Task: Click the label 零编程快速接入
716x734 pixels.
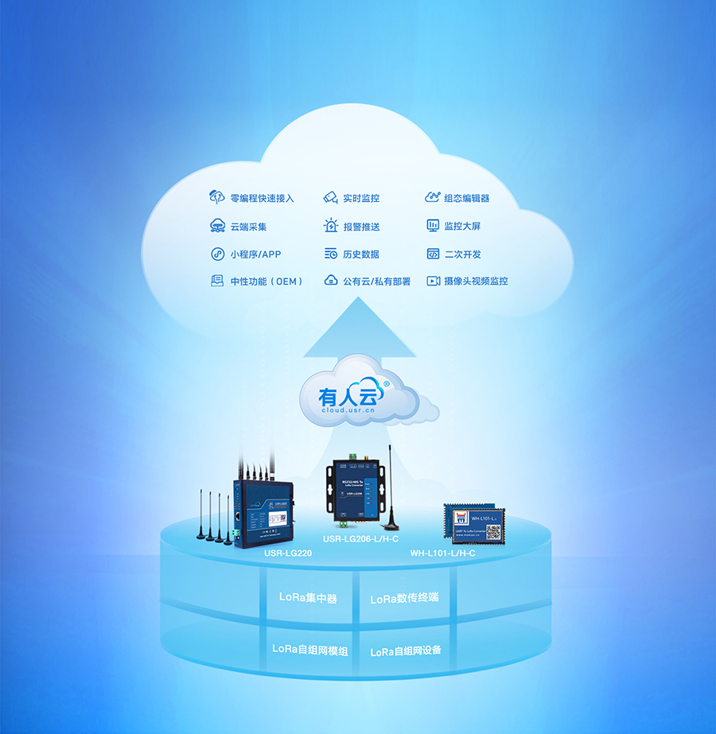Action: coord(262,198)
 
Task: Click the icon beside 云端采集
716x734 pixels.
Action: coord(217,226)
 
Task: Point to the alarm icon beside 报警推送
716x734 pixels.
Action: coord(331,226)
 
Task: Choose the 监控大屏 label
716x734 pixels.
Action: coord(462,226)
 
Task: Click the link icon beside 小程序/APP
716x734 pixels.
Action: coord(217,254)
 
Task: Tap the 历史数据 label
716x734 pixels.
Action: coord(361,254)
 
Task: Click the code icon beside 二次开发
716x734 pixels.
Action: coord(433,254)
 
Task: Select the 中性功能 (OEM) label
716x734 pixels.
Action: coord(267,281)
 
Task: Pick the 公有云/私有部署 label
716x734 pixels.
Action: coord(376,281)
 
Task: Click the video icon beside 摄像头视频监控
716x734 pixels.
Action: coord(433,281)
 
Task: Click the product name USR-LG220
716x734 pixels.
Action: coord(290,551)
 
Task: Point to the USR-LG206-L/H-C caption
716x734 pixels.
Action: coord(360,539)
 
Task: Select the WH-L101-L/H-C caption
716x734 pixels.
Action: coord(442,552)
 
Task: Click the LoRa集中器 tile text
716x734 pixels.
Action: coord(308,596)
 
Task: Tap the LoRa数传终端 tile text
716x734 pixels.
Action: coord(404,598)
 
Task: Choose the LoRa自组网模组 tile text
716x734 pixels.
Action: coord(310,649)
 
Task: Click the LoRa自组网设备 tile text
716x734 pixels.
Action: coord(406,651)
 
